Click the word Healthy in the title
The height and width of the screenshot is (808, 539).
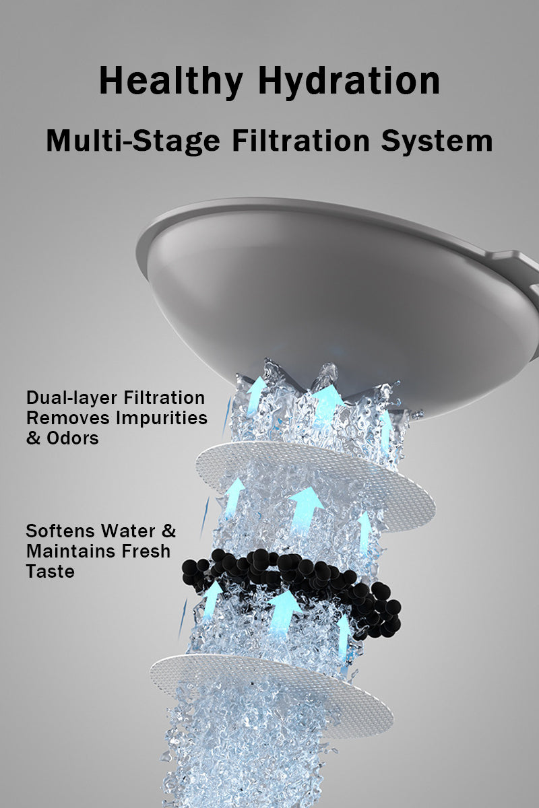pyautogui.click(x=170, y=82)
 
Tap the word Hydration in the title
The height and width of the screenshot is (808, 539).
pyautogui.click(x=349, y=82)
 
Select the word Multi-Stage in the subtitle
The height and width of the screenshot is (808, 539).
pyautogui.click(x=133, y=141)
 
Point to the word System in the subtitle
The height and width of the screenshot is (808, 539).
pyautogui.click(x=437, y=141)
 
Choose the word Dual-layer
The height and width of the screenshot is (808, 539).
pyautogui.click(x=71, y=399)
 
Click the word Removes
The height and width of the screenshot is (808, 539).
pyautogui.click(x=68, y=418)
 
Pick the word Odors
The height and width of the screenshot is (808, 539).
pyautogui.click(x=73, y=438)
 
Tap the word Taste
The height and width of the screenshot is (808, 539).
pyautogui.click(x=50, y=572)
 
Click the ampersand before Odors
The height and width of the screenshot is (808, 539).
pyautogui.click(x=33, y=438)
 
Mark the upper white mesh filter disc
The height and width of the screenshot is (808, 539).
pyautogui.click(x=315, y=487)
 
